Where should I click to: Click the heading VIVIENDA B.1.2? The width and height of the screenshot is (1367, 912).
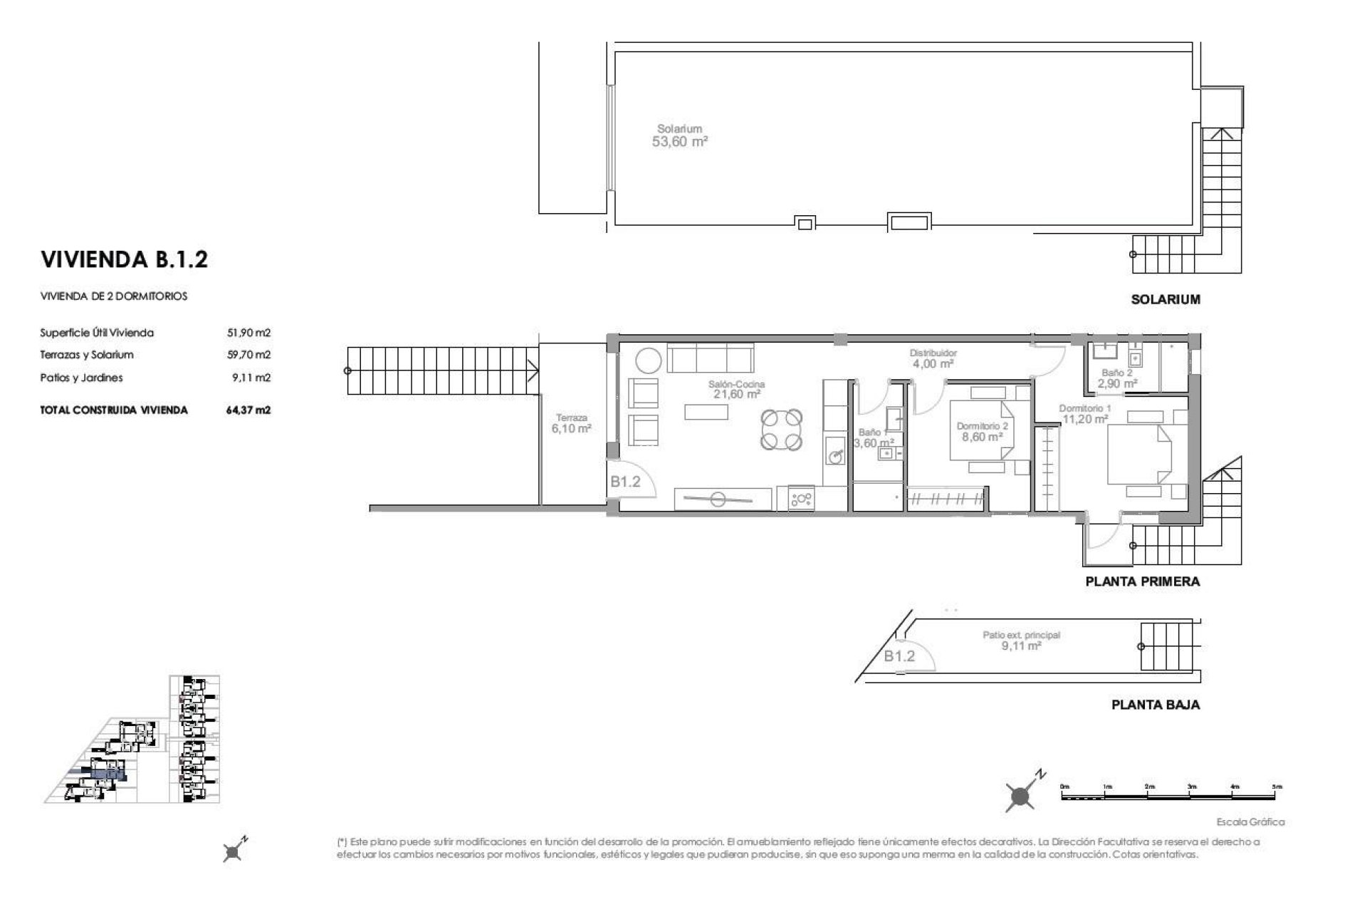125,259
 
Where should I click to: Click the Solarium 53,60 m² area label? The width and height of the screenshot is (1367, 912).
679,135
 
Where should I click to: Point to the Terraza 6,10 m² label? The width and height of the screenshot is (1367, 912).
571,423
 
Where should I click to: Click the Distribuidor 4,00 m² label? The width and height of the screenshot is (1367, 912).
933,358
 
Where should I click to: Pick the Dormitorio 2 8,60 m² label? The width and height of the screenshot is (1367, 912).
983,432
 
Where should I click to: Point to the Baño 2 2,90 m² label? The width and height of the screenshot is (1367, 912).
1116,378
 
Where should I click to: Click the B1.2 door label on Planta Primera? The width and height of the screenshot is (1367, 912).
625,482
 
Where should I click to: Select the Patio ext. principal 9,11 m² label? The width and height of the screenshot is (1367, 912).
1021,641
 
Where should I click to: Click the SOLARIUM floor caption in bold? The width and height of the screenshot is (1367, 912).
1165,300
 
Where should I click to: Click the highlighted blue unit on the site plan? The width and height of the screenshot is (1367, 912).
107,774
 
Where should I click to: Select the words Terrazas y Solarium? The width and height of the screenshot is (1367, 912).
87,355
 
